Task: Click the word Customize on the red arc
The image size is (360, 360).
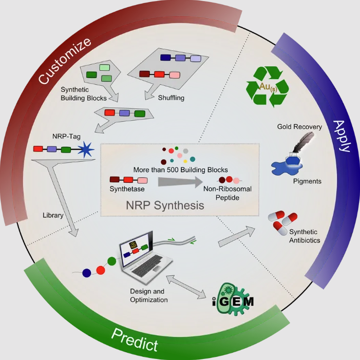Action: [x=65, y=61]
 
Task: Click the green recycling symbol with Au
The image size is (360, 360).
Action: [x=268, y=86]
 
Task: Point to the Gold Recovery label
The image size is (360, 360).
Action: [x=299, y=126]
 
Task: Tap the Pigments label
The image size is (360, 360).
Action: [x=307, y=181]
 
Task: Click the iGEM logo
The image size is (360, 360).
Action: [x=233, y=295]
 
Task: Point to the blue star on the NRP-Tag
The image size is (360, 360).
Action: [x=85, y=151]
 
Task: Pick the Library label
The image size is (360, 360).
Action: [x=52, y=216]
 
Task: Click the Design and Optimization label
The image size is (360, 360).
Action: [x=148, y=296]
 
